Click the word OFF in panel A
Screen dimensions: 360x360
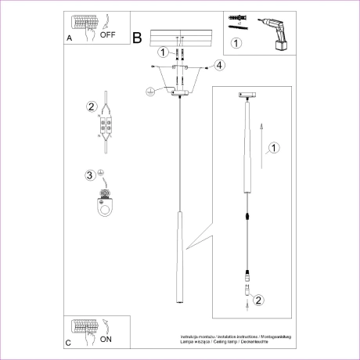tap(108, 35)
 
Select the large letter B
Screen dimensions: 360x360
tap(138, 37)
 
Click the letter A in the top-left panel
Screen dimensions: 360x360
tap(70, 37)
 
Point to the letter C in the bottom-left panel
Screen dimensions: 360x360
tap(69, 343)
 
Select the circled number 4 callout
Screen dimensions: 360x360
tap(220, 65)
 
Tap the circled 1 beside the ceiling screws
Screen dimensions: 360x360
tap(162, 53)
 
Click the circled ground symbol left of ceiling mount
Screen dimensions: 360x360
tap(148, 92)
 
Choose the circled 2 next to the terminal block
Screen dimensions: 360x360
tap(92, 107)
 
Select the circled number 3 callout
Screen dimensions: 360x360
tap(91, 175)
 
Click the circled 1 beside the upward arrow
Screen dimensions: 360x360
tap(273, 147)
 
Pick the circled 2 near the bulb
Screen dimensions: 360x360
tap(261, 298)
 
